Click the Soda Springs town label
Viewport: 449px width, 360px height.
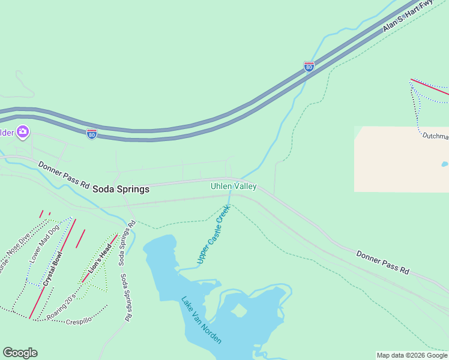point(121,188)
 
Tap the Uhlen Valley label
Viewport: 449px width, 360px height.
point(234,186)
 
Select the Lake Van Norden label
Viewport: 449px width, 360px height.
point(202,320)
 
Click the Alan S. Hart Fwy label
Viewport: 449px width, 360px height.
point(408,17)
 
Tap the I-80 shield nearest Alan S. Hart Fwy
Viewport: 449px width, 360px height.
point(309,66)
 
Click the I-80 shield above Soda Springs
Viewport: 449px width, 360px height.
point(91,133)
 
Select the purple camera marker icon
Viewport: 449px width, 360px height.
point(23,131)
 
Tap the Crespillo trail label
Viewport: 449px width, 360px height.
point(79,321)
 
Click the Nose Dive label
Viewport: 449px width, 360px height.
point(19,245)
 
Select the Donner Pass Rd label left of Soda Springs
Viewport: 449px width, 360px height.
point(64,173)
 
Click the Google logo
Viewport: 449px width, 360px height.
point(20,353)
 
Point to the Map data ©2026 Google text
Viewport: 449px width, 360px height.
point(412,355)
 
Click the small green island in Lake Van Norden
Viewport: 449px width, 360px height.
point(239,310)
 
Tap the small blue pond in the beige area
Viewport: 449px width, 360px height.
point(445,163)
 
